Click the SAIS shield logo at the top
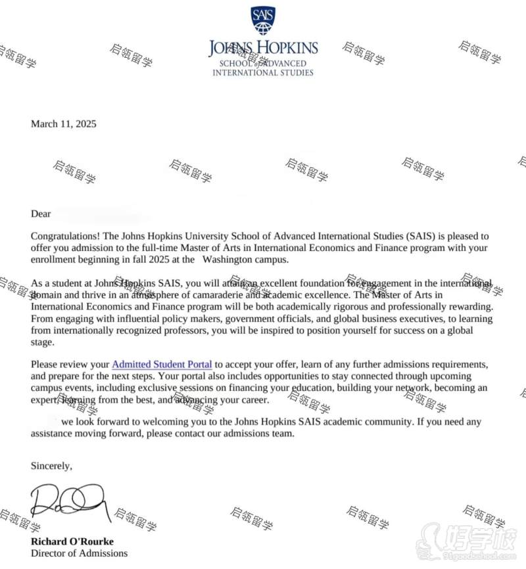263,21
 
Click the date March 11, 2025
63,124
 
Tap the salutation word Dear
41,214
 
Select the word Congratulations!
65,236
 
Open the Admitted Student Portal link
162,364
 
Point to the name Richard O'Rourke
72,541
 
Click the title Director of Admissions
79,553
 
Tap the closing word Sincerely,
51,465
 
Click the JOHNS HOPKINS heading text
263,47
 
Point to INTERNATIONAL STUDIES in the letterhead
263,72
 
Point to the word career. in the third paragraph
252,399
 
